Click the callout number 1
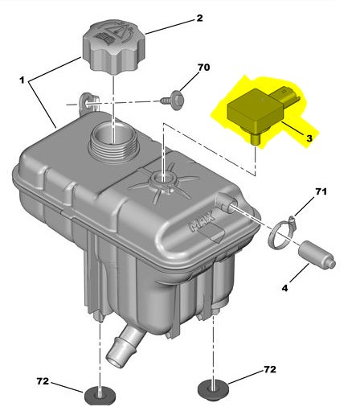click(x=22, y=80)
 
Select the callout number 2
click(x=199, y=18)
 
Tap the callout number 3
click(x=309, y=138)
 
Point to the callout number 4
click(x=284, y=288)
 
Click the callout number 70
click(x=203, y=68)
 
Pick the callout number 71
click(x=321, y=191)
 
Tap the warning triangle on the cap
click(x=120, y=31)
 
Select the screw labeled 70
click(x=172, y=101)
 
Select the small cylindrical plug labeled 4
click(x=317, y=254)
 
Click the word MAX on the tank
click(x=202, y=220)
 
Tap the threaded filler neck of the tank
click(x=113, y=143)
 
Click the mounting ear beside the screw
click(x=88, y=103)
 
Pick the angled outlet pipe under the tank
click(x=125, y=345)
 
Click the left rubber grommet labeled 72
click(x=100, y=397)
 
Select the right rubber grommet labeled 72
click(x=213, y=388)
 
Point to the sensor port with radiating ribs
click(x=163, y=180)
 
